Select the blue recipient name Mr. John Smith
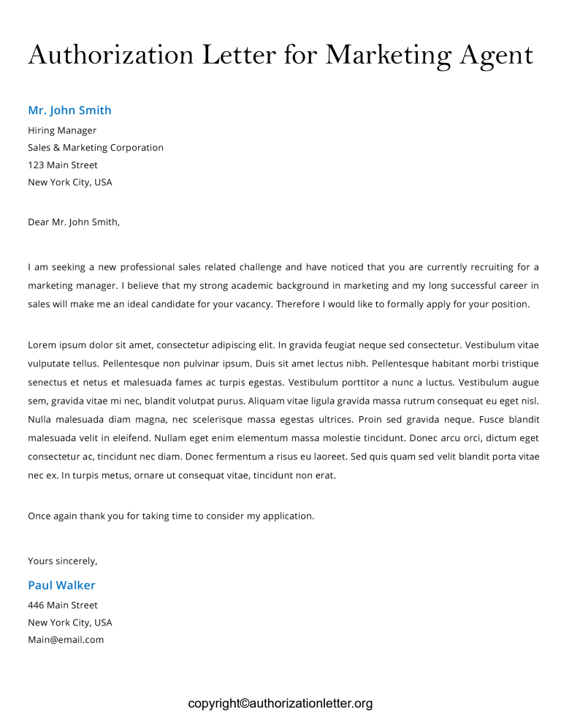click(69, 110)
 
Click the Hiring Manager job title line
click(62, 130)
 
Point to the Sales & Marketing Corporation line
click(96, 148)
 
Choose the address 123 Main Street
click(63, 165)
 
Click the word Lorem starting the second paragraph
click(42, 344)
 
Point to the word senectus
click(47, 383)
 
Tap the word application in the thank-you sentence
click(288, 516)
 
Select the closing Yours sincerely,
click(63, 561)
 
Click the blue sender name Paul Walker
click(61, 585)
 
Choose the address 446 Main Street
click(63, 606)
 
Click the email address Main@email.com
click(66, 640)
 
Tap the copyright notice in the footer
click(280, 704)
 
